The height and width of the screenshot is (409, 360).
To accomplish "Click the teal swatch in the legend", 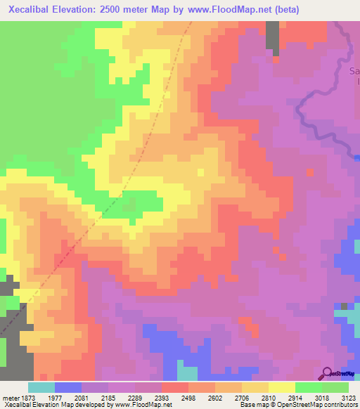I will [x=41, y=387].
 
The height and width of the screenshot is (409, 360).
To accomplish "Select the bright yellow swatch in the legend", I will [x=282, y=387].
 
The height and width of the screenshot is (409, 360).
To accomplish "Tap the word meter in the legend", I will [x=11, y=398].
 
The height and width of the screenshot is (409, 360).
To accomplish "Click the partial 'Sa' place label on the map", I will [x=354, y=71].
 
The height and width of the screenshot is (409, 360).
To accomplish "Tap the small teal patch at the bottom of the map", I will [x=187, y=372].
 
